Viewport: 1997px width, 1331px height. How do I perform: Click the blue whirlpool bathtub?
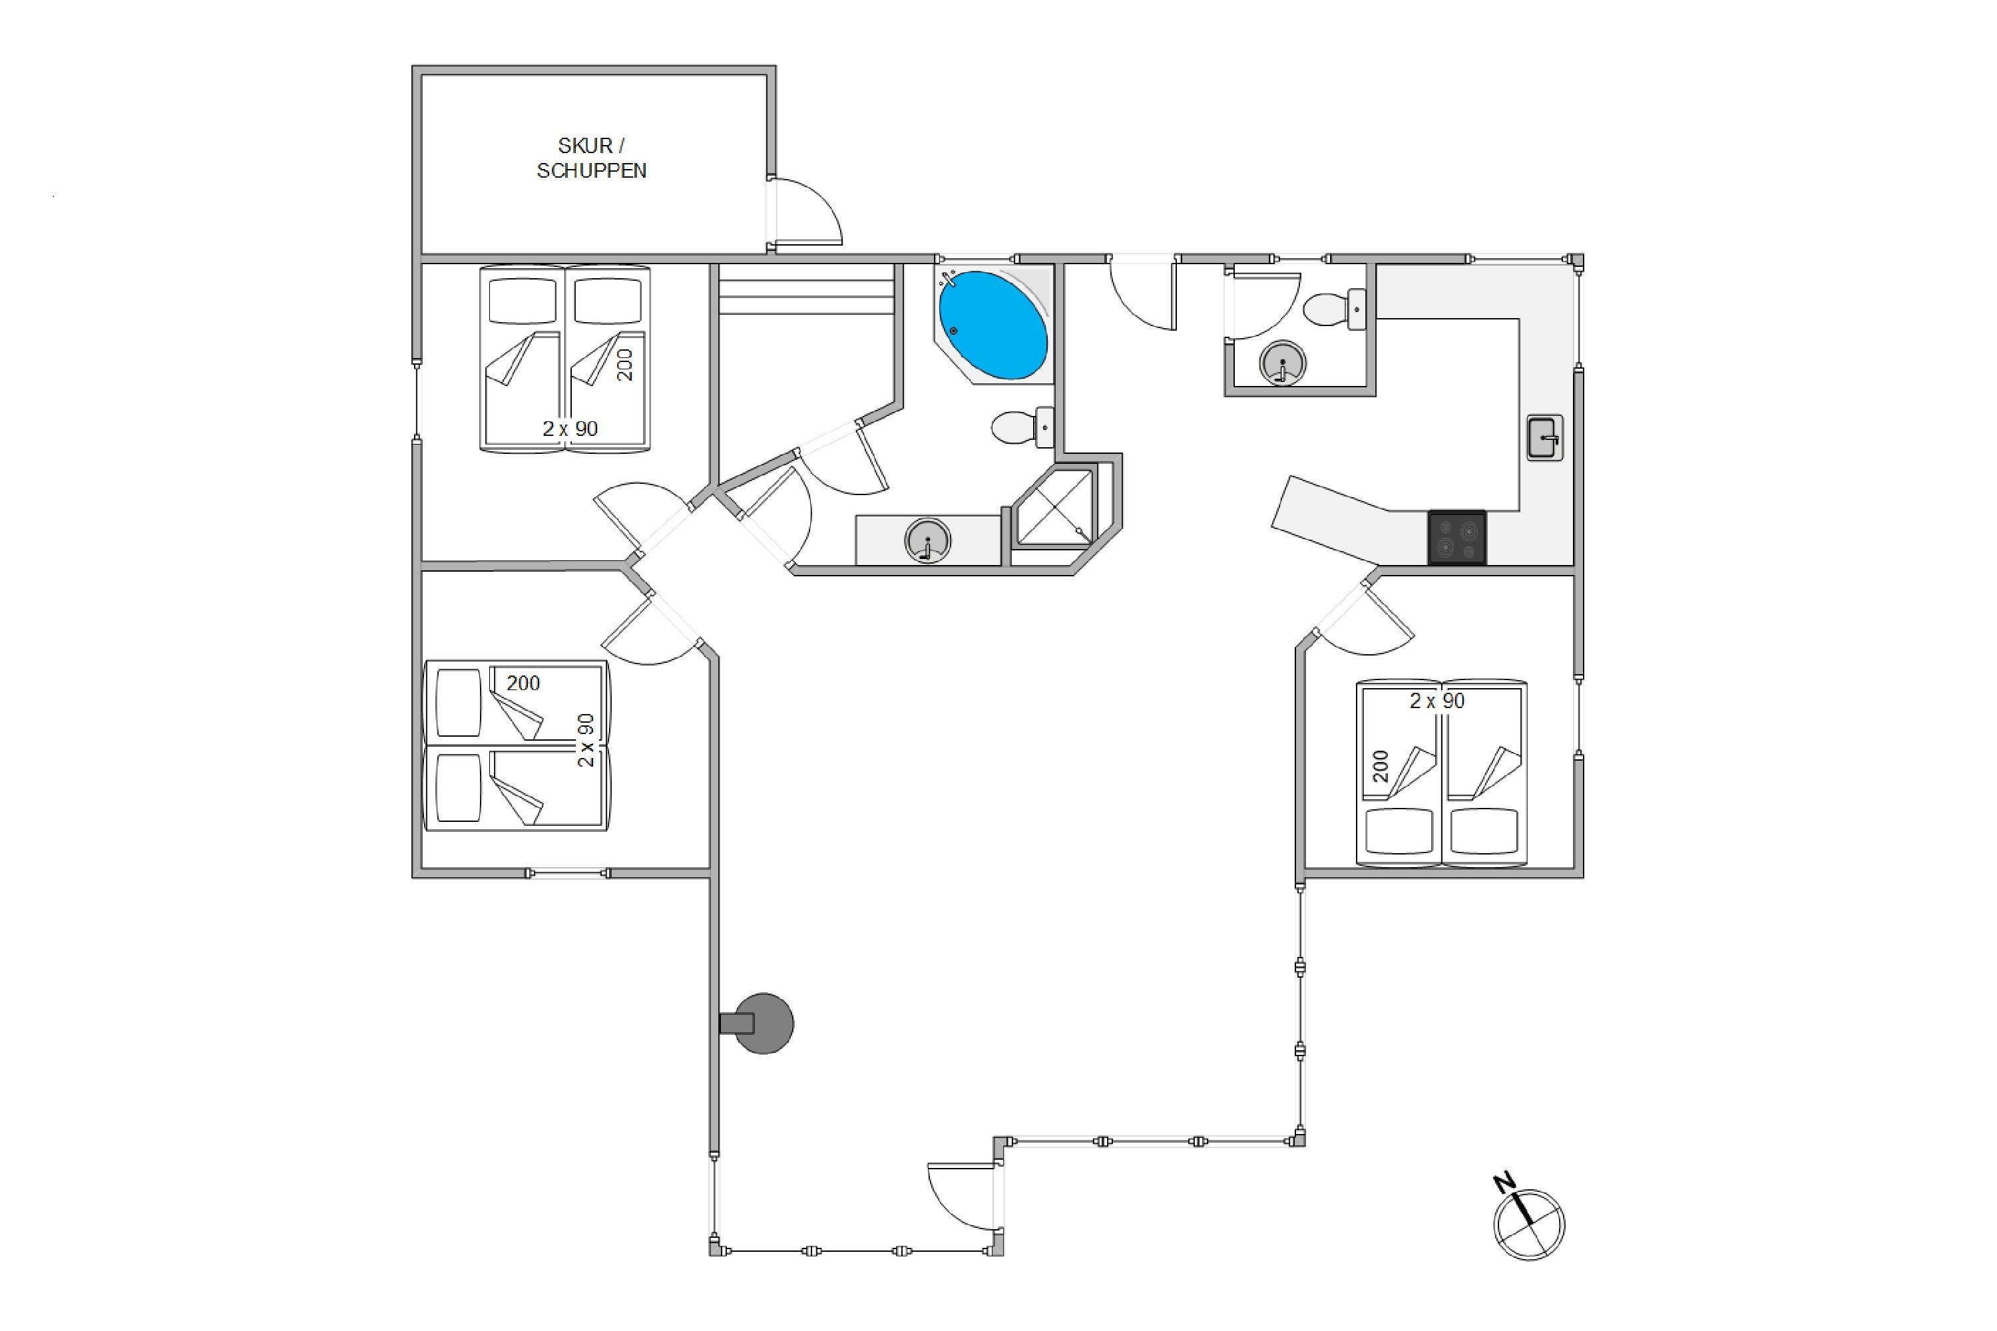[x=993, y=325]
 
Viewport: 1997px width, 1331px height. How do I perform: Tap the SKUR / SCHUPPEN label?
[x=592, y=158]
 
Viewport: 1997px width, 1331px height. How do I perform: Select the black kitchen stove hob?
[x=1457, y=537]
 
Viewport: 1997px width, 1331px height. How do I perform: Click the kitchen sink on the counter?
[x=1544, y=437]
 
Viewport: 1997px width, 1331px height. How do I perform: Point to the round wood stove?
[x=762, y=1024]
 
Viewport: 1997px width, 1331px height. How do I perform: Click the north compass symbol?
[x=1528, y=1219]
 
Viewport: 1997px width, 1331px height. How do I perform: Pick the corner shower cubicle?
[x=1055, y=506]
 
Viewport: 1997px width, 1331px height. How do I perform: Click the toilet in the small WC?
[x=1334, y=309]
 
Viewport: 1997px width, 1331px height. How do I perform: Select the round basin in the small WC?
[x=1282, y=363]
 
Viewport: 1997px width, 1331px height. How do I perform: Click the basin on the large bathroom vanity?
[x=927, y=540]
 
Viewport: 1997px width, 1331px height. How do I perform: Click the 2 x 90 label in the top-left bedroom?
[x=570, y=429]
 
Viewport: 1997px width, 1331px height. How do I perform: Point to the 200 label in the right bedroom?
[x=1381, y=766]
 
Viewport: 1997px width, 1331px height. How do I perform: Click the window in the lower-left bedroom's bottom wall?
[x=567, y=872]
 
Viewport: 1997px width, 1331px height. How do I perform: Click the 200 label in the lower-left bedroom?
[x=523, y=683]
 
